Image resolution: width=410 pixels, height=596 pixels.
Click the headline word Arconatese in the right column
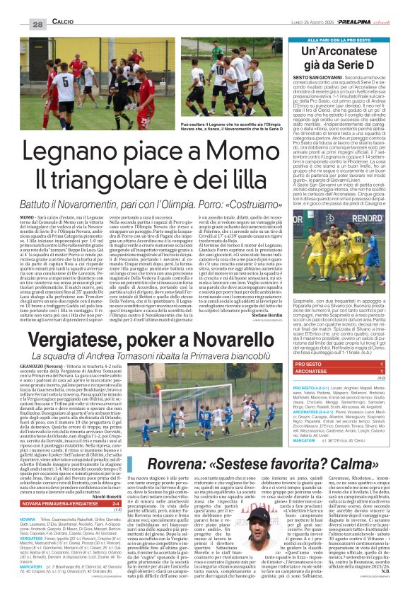346,55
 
